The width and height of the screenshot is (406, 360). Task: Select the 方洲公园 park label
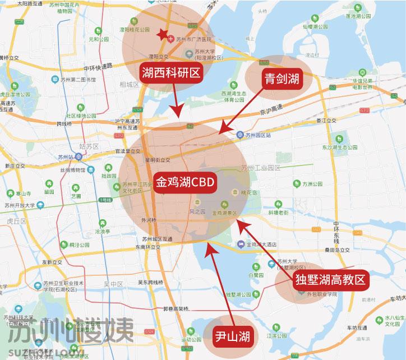pos(314,184)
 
